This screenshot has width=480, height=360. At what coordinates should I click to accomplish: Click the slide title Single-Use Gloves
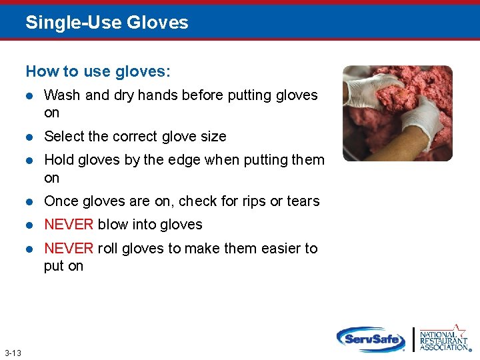(x=107, y=23)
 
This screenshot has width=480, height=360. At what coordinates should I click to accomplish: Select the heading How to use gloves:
(x=98, y=71)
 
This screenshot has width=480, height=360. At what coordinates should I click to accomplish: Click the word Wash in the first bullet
(x=62, y=95)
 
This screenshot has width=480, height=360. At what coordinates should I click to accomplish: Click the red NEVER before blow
(x=69, y=225)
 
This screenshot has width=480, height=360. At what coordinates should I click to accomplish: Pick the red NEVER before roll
(x=69, y=249)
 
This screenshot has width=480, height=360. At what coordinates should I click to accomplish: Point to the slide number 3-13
(x=13, y=353)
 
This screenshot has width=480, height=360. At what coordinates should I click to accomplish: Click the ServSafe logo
(x=371, y=339)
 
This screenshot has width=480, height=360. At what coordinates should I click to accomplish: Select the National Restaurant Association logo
(x=443, y=338)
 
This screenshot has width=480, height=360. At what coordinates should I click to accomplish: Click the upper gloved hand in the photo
(x=373, y=90)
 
